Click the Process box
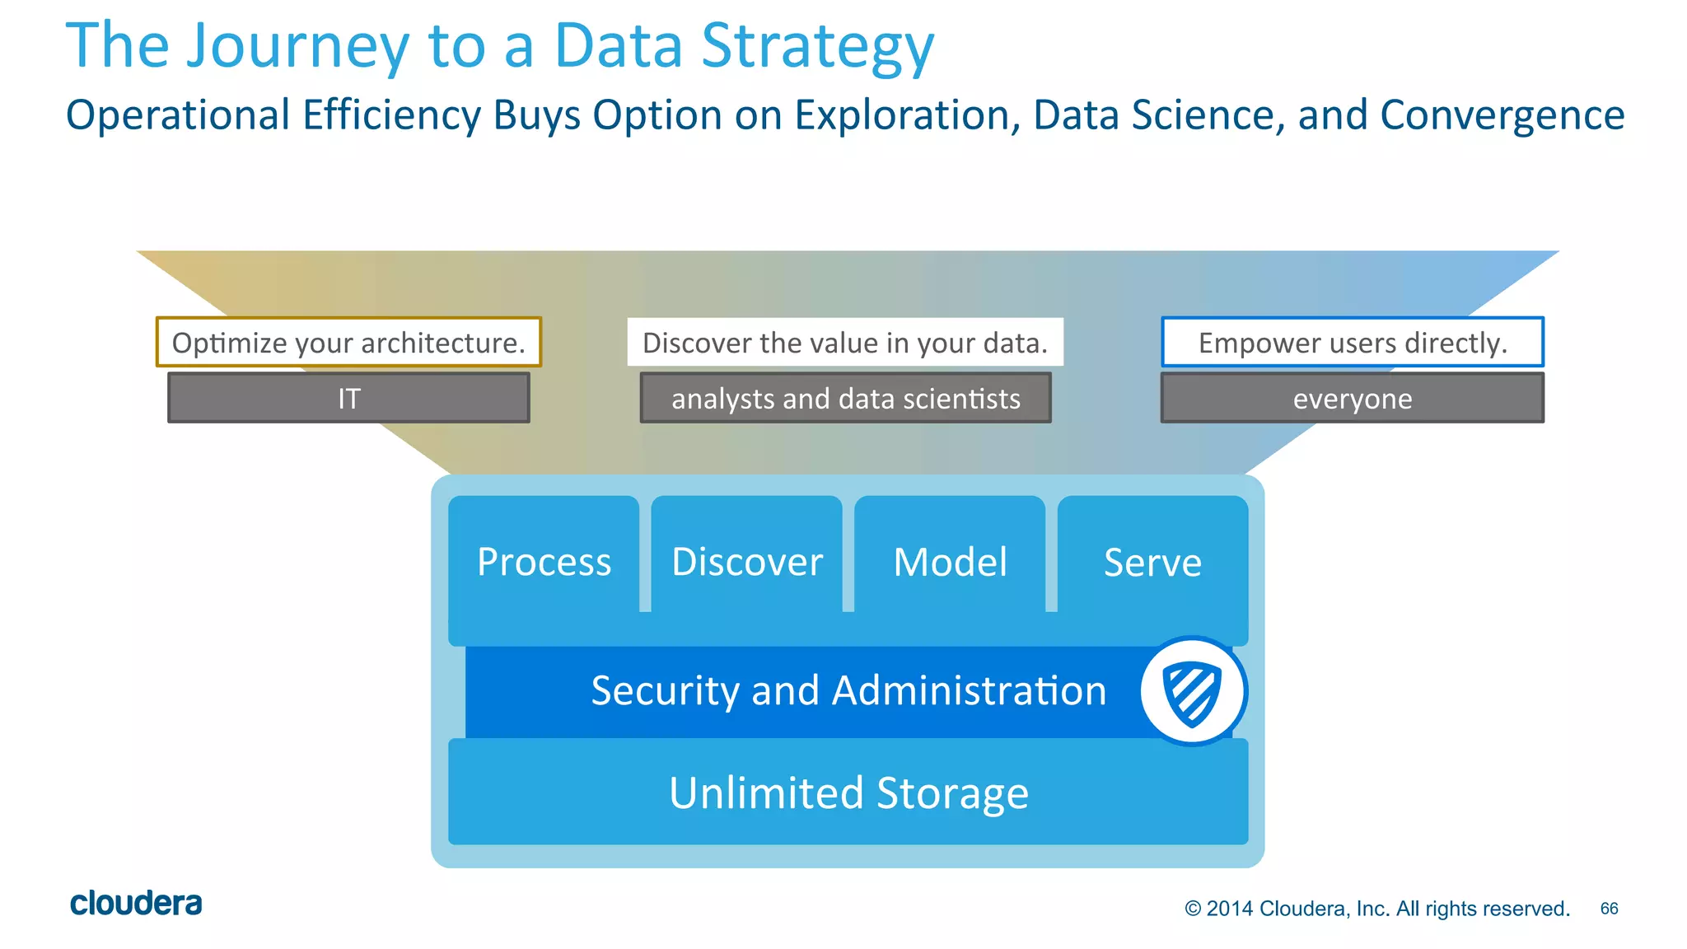click(x=544, y=563)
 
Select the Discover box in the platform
click(x=746, y=563)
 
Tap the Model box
click(x=950, y=563)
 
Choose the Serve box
click(x=1152, y=563)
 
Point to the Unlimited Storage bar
click(x=848, y=792)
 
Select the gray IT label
click(x=348, y=399)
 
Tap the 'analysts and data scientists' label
click(x=845, y=399)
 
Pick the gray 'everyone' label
click(x=1352, y=399)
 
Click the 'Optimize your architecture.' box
click(x=348, y=343)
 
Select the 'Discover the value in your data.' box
click(x=845, y=343)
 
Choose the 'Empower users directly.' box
click(x=1352, y=343)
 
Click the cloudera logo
click(x=136, y=904)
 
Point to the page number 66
click(x=1609, y=909)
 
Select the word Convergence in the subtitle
click(x=1502, y=115)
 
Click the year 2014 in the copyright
click(x=1230, y=909)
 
